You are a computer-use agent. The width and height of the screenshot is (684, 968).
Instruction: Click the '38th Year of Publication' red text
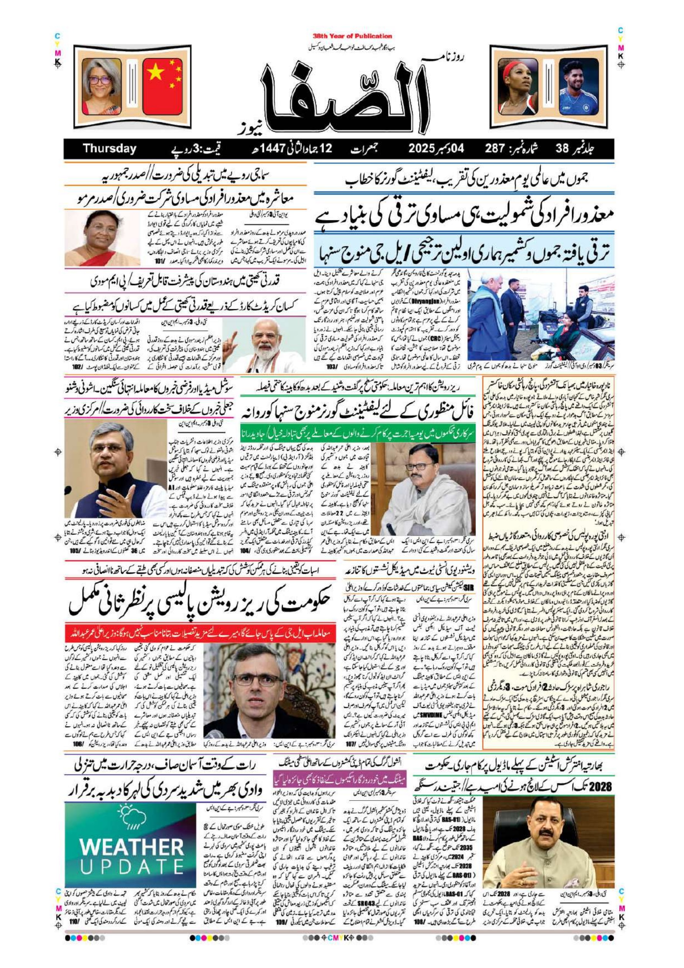click(353, 36)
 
